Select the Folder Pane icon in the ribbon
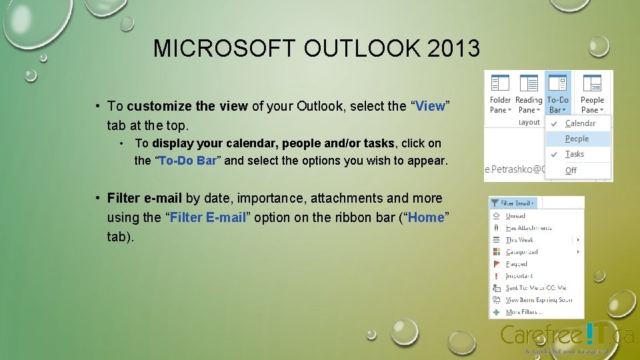tap(500, 83)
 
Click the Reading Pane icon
tap(529, 83)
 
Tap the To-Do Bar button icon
tap(558, 83)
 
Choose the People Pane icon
tap(592, 83)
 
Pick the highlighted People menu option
tap(577, 139)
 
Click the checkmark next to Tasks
tap(554, 154)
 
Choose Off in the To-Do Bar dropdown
tap(571, 170)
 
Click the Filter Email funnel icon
tap(495, 203)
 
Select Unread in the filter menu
tap(515, 216)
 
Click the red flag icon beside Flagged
tap(496, 264)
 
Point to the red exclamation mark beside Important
tap(496, 276)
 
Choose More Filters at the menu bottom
tap(523, 312)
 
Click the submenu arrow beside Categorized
tap(578, 252)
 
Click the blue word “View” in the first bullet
tap(430, 107)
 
